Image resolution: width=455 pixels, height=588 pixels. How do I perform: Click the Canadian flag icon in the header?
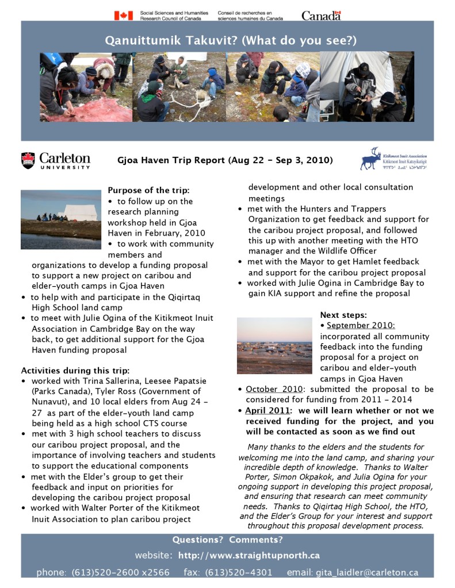click(123, 16)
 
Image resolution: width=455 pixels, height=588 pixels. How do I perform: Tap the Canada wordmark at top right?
click(321, 16)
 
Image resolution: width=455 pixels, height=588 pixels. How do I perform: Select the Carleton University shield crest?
click(28, 160)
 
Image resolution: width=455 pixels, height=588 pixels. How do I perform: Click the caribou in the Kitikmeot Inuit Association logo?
click(370, 158)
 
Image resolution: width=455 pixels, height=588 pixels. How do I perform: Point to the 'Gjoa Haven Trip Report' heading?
click(225, 160)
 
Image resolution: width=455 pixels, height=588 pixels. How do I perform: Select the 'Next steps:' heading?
click(343, 315)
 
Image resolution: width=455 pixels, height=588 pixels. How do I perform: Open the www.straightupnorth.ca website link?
click(248, 556)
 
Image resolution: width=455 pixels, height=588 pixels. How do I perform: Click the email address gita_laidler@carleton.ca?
click(366, 572)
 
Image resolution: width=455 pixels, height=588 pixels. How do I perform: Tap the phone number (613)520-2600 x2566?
click(120, 572)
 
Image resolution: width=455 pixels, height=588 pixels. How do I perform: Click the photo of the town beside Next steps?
click(274, 345)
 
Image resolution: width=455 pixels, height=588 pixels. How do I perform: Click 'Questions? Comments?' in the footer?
click(228, 540)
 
